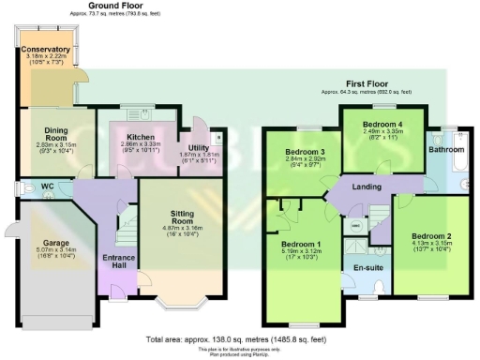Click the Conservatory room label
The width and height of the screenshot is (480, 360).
(x=46, y=49)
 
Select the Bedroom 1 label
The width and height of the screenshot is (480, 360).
(x=300, y=240)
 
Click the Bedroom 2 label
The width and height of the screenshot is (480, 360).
(x=430, y=235)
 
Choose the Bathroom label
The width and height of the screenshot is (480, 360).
(x=446, y=149)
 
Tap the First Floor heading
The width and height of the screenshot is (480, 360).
(x=371, y=83)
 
